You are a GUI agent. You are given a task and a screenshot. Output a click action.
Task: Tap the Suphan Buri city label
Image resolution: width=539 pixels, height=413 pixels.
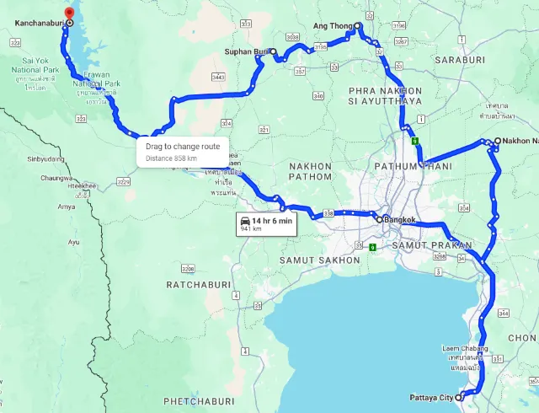click(246, 51)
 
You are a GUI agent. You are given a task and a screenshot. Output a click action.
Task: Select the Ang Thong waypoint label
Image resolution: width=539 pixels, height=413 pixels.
click(332, 26)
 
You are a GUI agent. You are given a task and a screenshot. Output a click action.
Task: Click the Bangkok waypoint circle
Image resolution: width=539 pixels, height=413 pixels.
click(380, 219)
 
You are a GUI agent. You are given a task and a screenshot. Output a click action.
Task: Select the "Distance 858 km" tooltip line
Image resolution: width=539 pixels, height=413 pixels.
click(171, 158)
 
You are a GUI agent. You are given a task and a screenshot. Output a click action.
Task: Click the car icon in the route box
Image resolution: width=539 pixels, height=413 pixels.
click(245, 221)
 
